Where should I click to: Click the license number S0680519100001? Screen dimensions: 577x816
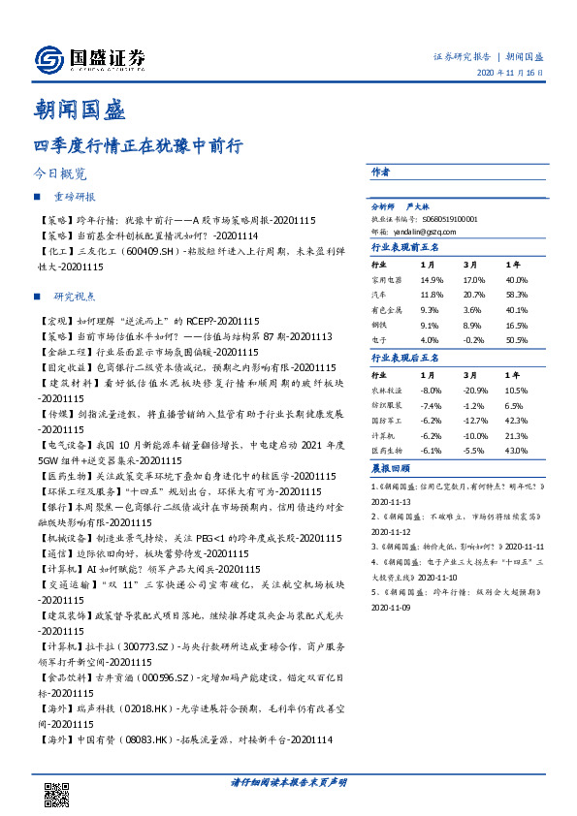pos(442,219)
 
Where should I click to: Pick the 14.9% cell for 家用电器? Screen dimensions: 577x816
pos(432,280)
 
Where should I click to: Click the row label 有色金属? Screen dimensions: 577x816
pos(387,310)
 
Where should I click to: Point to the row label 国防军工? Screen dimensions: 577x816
pos(387,420)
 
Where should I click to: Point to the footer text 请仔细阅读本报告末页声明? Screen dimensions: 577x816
pos(288,780)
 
